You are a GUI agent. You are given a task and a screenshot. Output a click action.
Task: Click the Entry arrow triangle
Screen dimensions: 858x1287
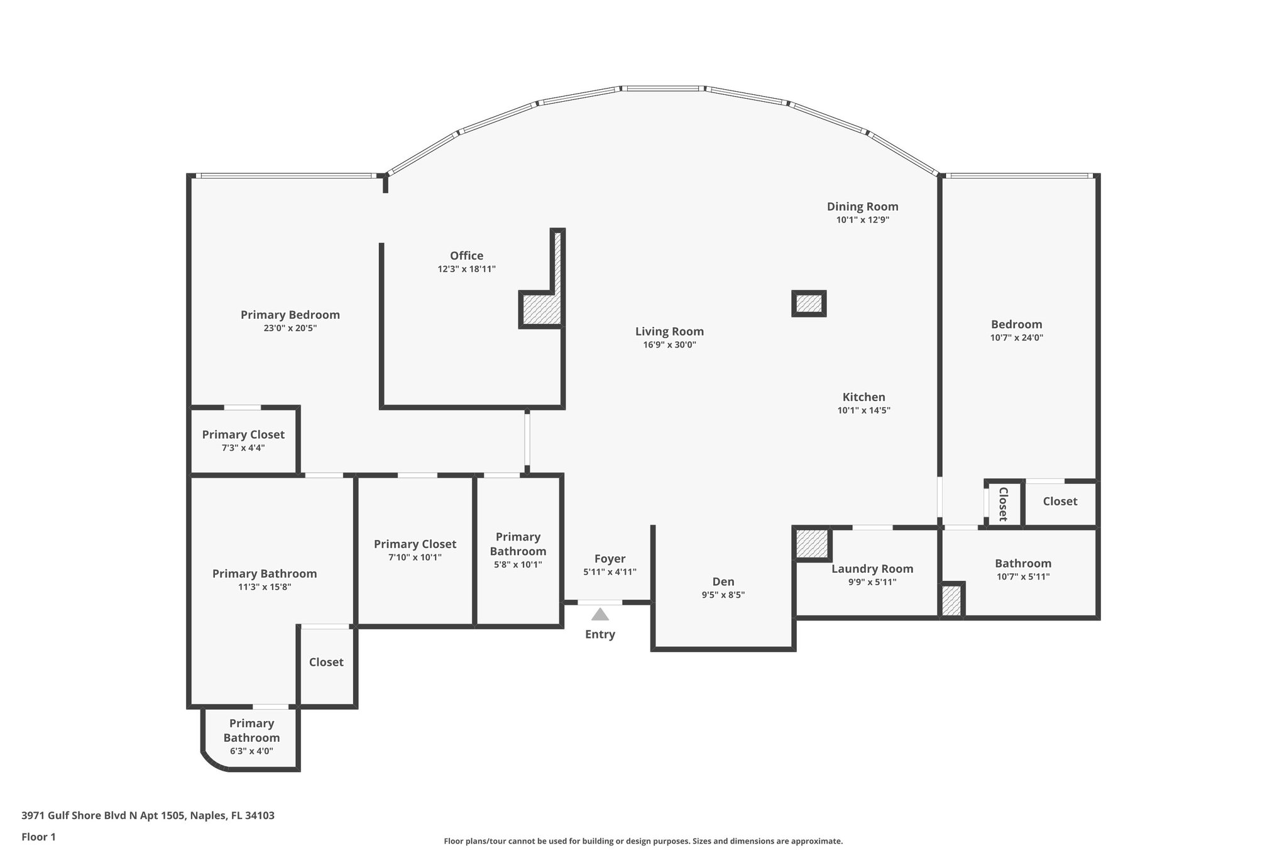[600, 614]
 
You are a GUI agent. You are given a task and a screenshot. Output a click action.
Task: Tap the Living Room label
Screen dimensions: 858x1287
[669, 331]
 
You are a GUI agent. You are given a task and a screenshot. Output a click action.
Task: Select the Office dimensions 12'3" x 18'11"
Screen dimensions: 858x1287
[466, 269]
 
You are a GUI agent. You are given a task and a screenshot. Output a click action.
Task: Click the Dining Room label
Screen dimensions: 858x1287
[862, 206]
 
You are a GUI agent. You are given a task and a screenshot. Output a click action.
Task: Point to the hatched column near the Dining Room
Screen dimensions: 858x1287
[808, 304]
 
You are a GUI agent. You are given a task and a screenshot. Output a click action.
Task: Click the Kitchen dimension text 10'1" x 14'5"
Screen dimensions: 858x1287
[863, 410]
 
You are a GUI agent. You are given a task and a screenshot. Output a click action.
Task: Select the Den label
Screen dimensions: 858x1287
[723, 581]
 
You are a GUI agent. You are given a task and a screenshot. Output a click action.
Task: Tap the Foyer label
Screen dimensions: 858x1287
[610, 558]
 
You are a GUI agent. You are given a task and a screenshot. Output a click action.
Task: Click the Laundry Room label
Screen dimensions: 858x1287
[872, 568]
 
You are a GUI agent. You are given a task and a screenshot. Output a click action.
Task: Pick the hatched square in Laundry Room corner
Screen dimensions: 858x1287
[811, 544]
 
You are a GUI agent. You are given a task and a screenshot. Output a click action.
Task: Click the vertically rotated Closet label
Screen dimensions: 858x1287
[1003, 503]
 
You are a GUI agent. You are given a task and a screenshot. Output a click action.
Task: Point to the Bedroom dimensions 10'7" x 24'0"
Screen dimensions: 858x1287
[1016, 338]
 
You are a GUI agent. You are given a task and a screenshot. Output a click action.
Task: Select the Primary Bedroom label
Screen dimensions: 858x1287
[290, 314]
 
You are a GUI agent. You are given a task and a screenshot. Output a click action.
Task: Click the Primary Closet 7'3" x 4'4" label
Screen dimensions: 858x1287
[243, 434]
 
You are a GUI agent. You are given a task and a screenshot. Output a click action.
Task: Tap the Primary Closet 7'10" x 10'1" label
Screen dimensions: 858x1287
[415, 544]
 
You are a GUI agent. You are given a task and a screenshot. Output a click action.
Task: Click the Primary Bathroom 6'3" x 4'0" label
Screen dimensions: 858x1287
[251, 730]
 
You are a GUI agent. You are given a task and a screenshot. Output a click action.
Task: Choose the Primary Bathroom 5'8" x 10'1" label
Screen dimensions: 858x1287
[518, 544]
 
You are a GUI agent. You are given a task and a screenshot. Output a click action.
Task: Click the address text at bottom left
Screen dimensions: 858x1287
[148, 815]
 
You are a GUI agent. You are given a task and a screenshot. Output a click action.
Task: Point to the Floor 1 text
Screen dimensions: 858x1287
[38, 837]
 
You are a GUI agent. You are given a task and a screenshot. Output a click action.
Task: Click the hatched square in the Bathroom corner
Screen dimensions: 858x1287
[951, 600]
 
